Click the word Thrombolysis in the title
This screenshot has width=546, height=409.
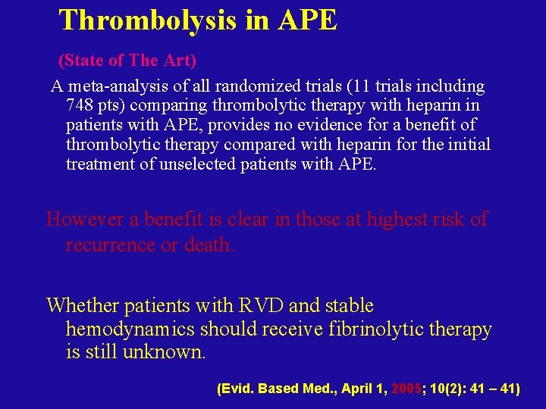pos(147,20)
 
